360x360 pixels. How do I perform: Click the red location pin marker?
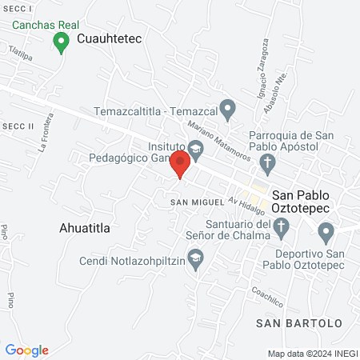180,164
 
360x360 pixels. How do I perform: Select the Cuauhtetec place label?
110,38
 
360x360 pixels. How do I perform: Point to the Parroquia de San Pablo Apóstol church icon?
269,163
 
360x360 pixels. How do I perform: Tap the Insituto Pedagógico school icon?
196,148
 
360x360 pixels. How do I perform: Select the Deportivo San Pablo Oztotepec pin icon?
325,234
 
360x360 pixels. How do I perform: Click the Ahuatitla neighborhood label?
84,228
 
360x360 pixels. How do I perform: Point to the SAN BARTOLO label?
298,323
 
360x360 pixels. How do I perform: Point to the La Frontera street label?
46,135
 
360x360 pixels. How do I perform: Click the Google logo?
26,350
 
